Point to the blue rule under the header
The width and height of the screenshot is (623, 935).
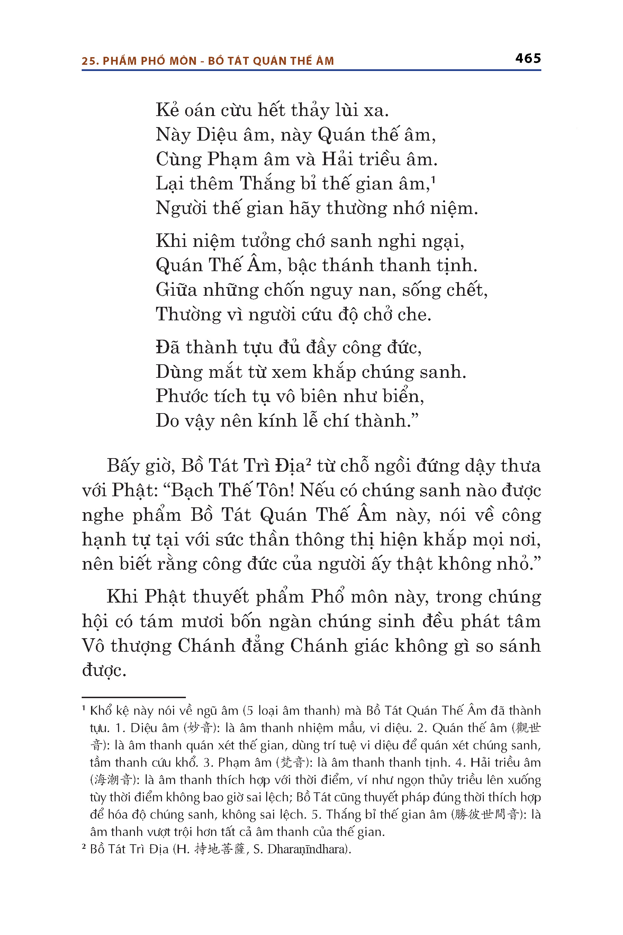(311, 70)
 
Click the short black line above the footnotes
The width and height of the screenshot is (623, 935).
(134, 697)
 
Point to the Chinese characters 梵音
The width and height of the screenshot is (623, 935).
(293, 763)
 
